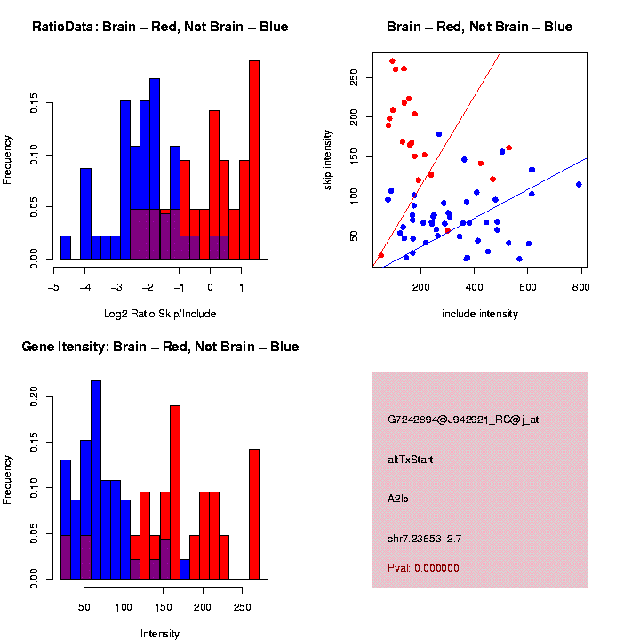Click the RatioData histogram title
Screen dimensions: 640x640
[160, 27]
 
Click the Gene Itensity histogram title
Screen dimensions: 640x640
[160, 347]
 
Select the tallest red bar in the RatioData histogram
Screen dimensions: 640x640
[254, 160]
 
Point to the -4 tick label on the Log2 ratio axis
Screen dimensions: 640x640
[85, 287]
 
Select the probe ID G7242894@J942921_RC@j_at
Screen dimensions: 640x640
[462, 420]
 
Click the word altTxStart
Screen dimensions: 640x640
[410, 460]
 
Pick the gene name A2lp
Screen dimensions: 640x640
[398, 500]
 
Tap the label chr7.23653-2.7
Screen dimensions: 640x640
[424, 539]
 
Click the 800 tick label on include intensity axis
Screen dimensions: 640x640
[581, 287]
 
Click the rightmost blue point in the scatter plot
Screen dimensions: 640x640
[579, 185]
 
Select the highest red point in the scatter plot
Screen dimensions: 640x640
[392, 61]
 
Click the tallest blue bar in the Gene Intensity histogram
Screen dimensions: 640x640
[96, 480]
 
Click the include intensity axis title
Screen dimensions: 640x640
[480, 314]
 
